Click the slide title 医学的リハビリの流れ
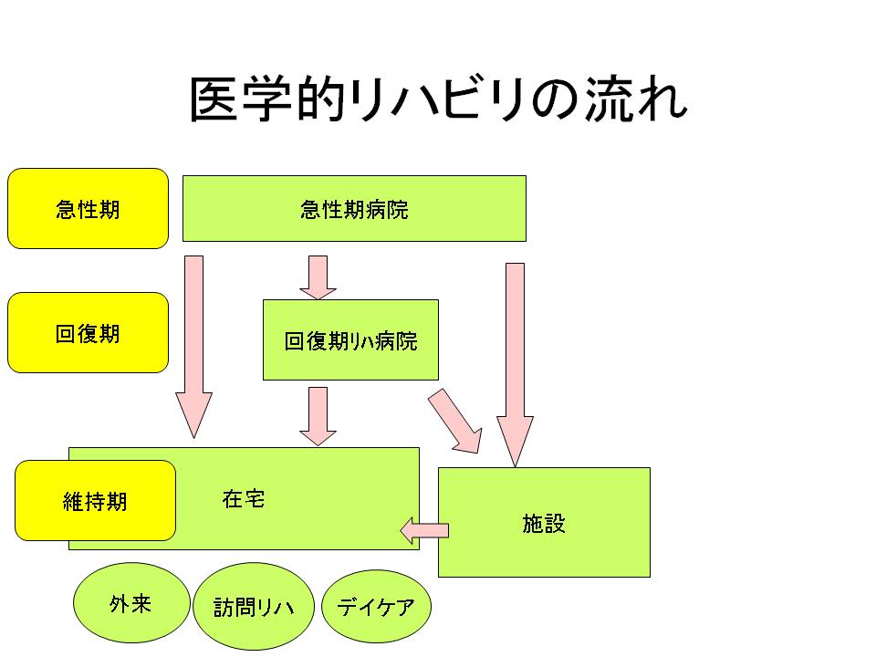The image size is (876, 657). (x=439, y=99)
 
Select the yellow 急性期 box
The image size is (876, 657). (x=88, y=208)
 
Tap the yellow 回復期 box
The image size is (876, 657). (x=88, y=332)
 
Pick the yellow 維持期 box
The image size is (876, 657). (x=95, y=501)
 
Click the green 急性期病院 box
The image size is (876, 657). (x=354, y=208)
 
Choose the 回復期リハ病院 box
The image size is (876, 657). (x=350, y=339)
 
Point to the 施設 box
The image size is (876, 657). (x=544, y=522)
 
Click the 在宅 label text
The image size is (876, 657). (x=243, y=498)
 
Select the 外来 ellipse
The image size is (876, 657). (x=131, y=603)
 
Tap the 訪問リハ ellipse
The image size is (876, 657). (x=254, y=606)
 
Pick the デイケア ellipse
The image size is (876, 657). (x=376, y=606)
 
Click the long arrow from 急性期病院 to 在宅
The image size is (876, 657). (x=193, y=347)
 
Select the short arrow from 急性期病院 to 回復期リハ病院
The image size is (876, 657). (x=318, y=277)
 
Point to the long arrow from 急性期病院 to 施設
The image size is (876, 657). (x=515, y=365)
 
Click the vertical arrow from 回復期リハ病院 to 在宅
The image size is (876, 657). (x=318, y=416)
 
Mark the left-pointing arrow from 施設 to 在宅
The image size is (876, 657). (x=424, y=530)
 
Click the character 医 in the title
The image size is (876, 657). (x=214, y=99)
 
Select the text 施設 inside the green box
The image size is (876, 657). (x=544, y=524)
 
